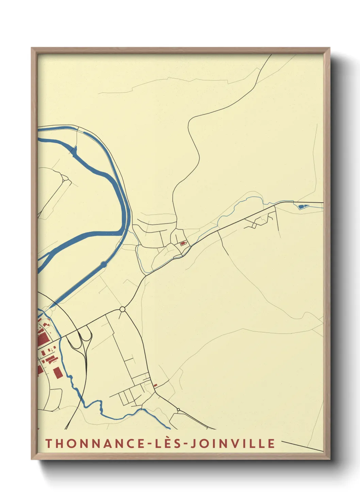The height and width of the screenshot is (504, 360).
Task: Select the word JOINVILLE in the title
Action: (232, 443)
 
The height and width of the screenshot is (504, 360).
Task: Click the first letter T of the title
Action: (48, 443)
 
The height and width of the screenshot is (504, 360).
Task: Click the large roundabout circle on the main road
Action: (122, 309)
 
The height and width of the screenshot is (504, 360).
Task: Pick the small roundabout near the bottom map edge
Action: (178, 409)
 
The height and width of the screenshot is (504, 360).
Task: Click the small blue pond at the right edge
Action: (301, 206)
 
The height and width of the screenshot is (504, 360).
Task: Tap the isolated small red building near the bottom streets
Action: (156, 385)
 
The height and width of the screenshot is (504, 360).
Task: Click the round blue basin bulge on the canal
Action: (103, 264)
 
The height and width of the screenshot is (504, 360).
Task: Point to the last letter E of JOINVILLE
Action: (271, 443)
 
